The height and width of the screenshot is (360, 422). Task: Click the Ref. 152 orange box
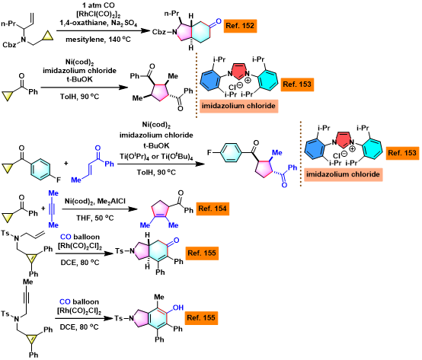point(240,26)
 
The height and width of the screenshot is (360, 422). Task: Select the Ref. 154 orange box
point(213,209)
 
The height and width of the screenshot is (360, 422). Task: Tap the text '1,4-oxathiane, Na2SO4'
point(98,23)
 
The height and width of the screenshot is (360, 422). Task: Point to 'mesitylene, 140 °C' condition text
point(98,40)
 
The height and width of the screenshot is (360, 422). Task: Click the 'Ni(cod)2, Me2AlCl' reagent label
point(95,202)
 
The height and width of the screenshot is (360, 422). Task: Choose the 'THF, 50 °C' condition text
point(95,218)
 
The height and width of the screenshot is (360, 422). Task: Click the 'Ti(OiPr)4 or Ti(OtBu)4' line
point(156,157)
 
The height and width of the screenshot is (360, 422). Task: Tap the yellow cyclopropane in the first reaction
point(47,37)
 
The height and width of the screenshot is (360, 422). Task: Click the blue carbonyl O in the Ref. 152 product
point(219,21)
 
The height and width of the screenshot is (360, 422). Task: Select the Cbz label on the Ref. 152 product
point(159,32)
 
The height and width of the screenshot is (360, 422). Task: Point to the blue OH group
point(178,307)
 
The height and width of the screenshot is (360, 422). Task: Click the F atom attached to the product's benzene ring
point(209,153)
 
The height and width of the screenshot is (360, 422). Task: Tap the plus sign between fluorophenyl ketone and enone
point(66,163)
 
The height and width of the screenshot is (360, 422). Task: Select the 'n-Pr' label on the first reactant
point(8,24)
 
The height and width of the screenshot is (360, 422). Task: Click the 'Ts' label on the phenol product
point(119,318)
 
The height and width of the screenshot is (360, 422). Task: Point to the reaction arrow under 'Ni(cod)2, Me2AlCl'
point(100,209)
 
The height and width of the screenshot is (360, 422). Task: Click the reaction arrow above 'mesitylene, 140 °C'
point(103,31)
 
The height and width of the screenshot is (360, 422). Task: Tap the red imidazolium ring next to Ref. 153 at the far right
point(343,139)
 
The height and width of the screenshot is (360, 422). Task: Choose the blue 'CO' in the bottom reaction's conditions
point(65,301)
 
